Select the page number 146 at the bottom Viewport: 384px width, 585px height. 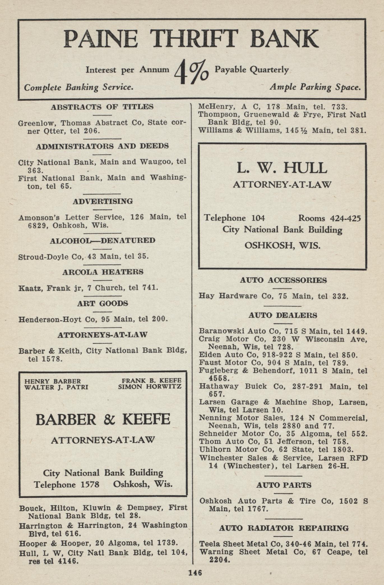(195, 572)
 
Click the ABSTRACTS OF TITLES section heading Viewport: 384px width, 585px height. (102, 107)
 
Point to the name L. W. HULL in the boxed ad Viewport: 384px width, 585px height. (282, 168)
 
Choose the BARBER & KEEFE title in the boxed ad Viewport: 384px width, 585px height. (103, 420)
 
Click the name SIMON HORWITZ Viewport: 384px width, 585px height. (150, 387)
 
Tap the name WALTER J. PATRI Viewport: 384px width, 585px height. (56, 387)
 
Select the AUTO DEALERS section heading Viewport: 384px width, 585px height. (283, 315)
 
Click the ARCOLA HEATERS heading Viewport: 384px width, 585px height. (103, 272)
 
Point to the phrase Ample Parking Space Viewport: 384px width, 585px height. (315, 87)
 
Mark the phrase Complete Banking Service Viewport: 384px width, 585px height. (78, 87)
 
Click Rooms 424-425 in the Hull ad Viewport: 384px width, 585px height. (329, 218)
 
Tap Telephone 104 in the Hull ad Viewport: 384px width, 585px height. (234, 218)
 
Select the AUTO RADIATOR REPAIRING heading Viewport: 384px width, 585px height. (284, 528)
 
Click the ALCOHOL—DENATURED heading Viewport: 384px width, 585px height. (102, 241)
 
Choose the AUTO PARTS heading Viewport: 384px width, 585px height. (284, 485)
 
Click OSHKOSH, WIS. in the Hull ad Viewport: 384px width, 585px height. (283, 246)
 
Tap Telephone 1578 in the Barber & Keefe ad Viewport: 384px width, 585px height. (67, 485)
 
